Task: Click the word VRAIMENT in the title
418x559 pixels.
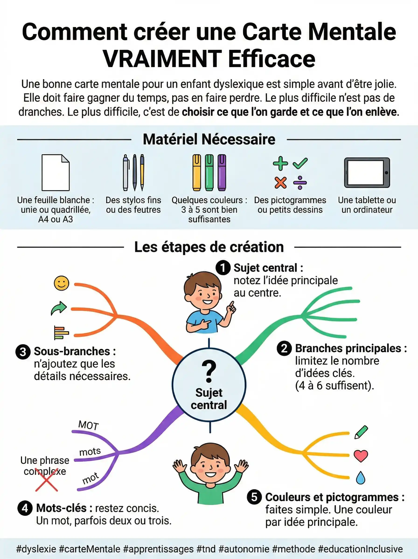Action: [162, 59]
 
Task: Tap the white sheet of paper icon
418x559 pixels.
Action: [56, 173]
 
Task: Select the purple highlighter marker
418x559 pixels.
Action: [222, 173]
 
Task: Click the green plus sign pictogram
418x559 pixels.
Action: [280, 164]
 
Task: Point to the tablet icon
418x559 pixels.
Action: [367, 173]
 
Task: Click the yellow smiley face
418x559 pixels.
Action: [62, 283]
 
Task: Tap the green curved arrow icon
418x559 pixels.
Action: [59, 308]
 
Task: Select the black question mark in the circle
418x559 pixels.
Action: [209, 371]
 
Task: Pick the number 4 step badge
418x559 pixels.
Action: [25, 508]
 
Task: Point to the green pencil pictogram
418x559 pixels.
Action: [361, 432]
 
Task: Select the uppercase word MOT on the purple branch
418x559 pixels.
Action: [88, 425]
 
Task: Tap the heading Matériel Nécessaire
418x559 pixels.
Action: [209, 139]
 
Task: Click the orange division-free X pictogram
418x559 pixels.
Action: [281, 183]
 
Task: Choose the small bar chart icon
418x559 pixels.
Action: [61, 333]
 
